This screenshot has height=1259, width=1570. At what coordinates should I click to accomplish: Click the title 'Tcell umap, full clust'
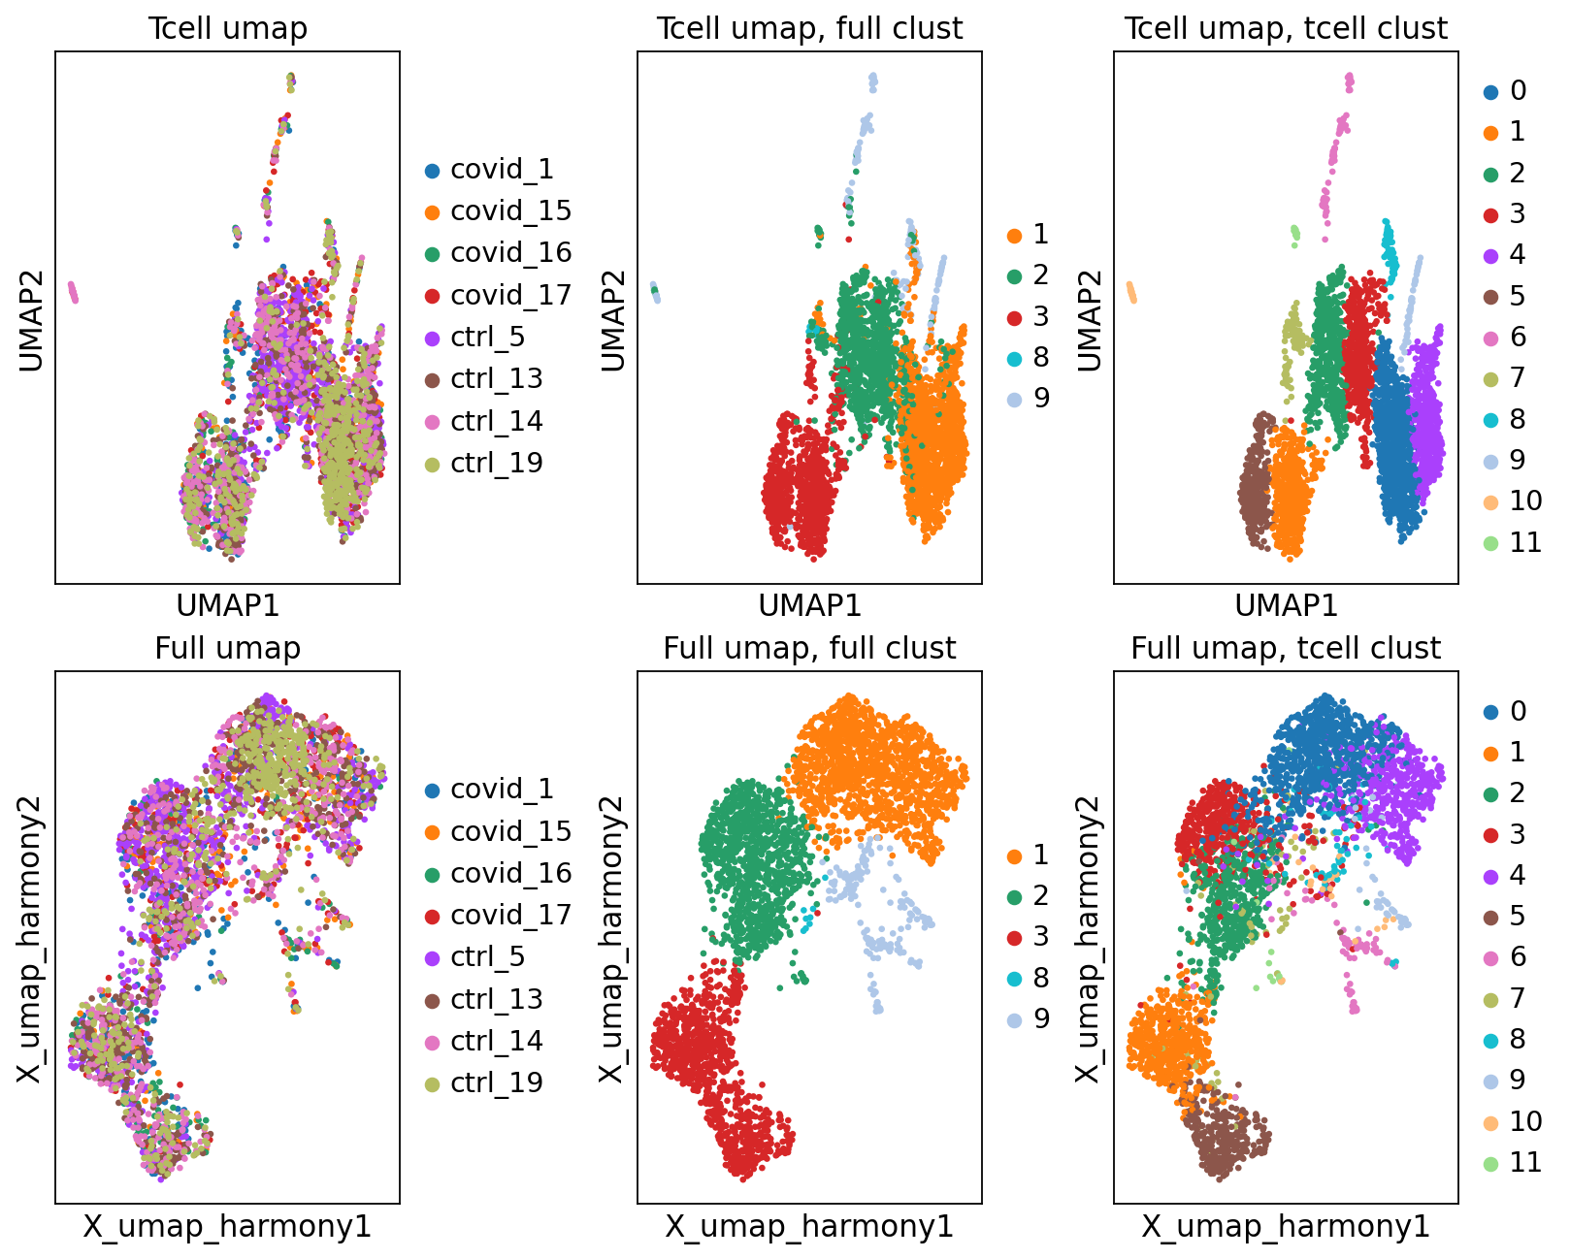pos(809,28)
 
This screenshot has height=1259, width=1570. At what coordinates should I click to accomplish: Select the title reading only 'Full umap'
pos(227,648)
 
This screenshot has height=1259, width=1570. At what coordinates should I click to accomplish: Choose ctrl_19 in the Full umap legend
pos(496,1082)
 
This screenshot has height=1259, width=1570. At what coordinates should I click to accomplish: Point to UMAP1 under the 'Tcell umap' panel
pos(227,606)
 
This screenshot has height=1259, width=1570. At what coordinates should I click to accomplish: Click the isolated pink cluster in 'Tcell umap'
pos(73,291)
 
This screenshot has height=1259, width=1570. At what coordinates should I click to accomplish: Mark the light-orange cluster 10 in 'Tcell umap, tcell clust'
pos(1130,292)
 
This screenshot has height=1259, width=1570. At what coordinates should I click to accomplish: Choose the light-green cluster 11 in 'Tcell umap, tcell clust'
pos(1294,233)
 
